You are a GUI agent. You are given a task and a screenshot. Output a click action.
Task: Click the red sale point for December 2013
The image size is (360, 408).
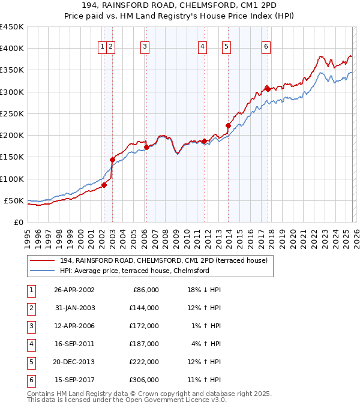228,125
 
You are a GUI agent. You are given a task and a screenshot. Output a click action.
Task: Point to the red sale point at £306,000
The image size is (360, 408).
268,89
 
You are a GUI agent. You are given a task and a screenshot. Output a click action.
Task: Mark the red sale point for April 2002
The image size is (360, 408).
104,185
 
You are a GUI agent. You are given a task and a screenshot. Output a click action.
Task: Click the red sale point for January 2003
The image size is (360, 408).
112,160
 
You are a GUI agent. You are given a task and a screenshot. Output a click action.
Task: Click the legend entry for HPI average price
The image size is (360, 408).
134,271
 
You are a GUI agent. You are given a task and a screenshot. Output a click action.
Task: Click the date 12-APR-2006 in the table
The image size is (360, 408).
74,326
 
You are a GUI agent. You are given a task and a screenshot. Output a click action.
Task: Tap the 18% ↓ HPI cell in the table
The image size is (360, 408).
204,290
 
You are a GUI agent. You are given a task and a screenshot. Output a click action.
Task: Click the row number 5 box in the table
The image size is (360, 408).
31,362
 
